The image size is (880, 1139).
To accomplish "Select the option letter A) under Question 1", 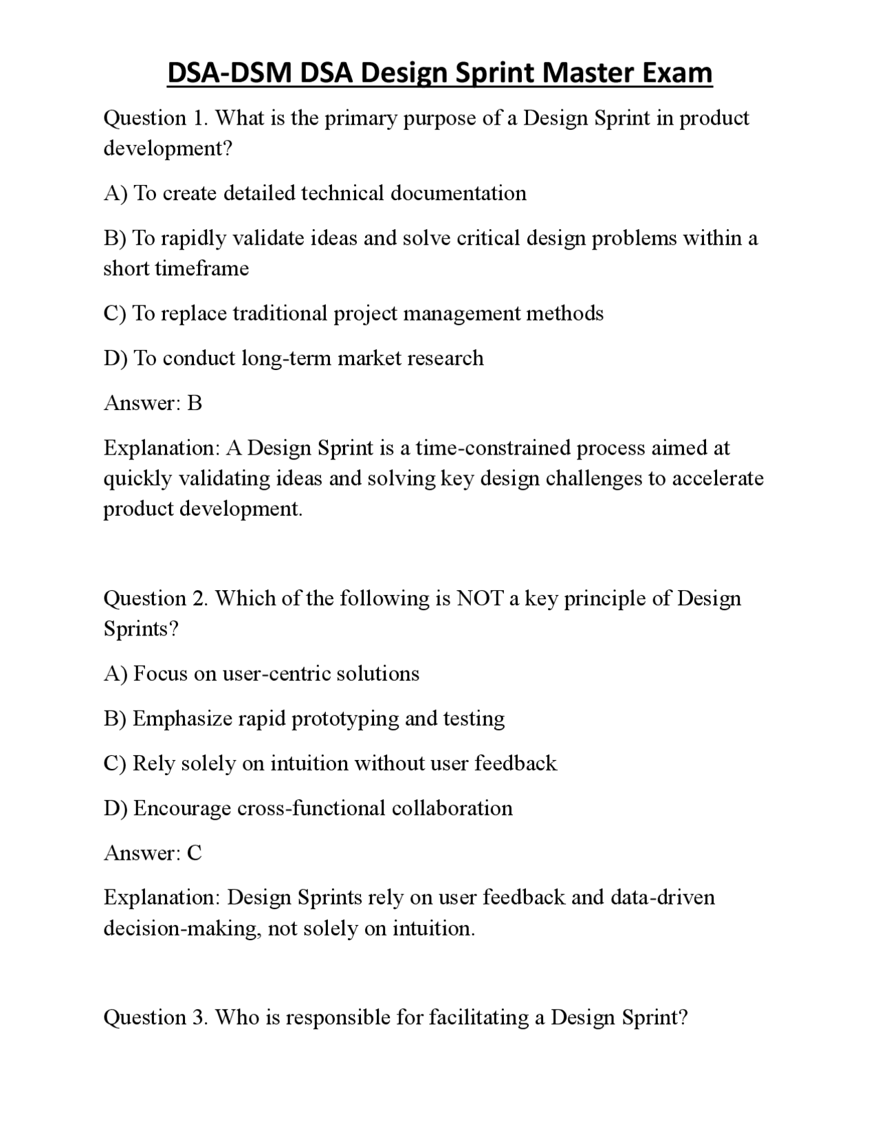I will (115, 193).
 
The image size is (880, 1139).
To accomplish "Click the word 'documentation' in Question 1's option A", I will (458, 193).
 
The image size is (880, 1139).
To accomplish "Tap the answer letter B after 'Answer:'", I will (195, 403).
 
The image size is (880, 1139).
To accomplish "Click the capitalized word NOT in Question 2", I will (479, 598).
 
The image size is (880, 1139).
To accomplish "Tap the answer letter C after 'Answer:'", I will (195, 853).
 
